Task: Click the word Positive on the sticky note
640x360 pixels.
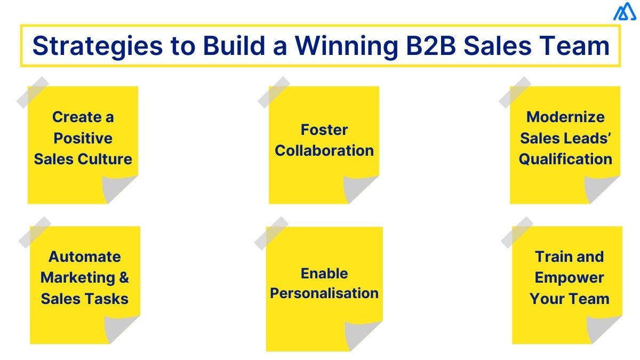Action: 83,138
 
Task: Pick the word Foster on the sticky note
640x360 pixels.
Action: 324,130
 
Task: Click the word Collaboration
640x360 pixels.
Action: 324,150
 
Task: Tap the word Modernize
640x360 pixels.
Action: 565,117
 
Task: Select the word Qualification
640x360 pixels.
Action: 565,159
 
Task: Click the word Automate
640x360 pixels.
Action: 85,257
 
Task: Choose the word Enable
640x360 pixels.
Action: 324,273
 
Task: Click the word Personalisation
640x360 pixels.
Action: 324,293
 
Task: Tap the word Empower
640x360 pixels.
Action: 569,277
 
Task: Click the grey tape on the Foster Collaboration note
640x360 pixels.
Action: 274,92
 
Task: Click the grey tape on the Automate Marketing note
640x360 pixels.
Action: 35,232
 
